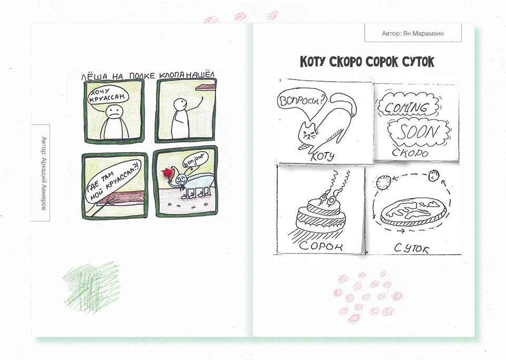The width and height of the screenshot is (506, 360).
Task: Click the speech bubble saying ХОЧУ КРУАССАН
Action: coord(109,96)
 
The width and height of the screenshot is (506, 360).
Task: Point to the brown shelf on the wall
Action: coord(205,87)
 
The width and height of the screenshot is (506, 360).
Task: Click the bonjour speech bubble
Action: coord(196,159)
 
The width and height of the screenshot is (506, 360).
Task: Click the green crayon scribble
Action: coord(92,287)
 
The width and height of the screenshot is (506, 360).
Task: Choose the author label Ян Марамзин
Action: coord(413,33)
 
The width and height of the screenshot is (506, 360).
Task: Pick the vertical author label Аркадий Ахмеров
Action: coord(44,173)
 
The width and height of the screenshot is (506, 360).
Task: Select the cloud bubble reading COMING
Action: coord(407,105)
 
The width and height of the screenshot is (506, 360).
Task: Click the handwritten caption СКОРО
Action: coord(410,152)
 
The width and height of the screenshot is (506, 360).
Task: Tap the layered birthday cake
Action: coord(320,216)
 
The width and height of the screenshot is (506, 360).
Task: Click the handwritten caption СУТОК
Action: coord(412,248)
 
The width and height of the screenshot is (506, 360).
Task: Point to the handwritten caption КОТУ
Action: coord(322,157)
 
